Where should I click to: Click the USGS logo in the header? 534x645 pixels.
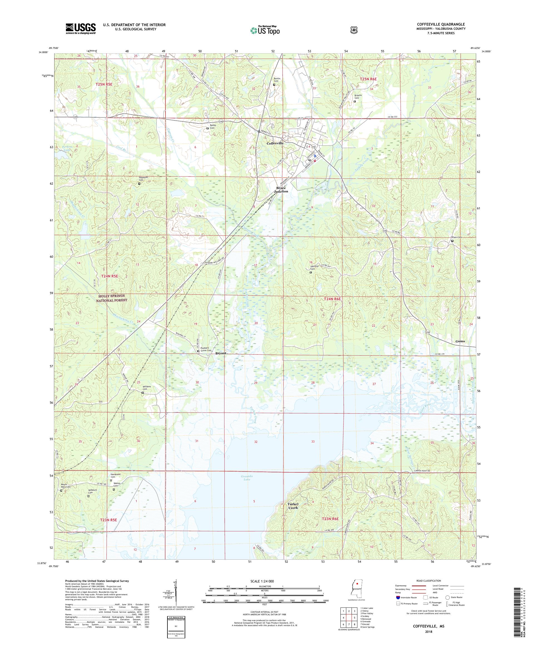point(80,29)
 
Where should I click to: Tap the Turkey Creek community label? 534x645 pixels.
point(293,506)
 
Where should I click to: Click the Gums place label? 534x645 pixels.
point(460,341)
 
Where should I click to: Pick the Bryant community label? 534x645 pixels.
point(220,353)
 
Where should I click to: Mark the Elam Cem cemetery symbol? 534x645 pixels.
point(452,241)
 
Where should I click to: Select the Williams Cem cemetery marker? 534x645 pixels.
point(143,393)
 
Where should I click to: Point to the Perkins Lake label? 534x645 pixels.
point(67,149)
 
